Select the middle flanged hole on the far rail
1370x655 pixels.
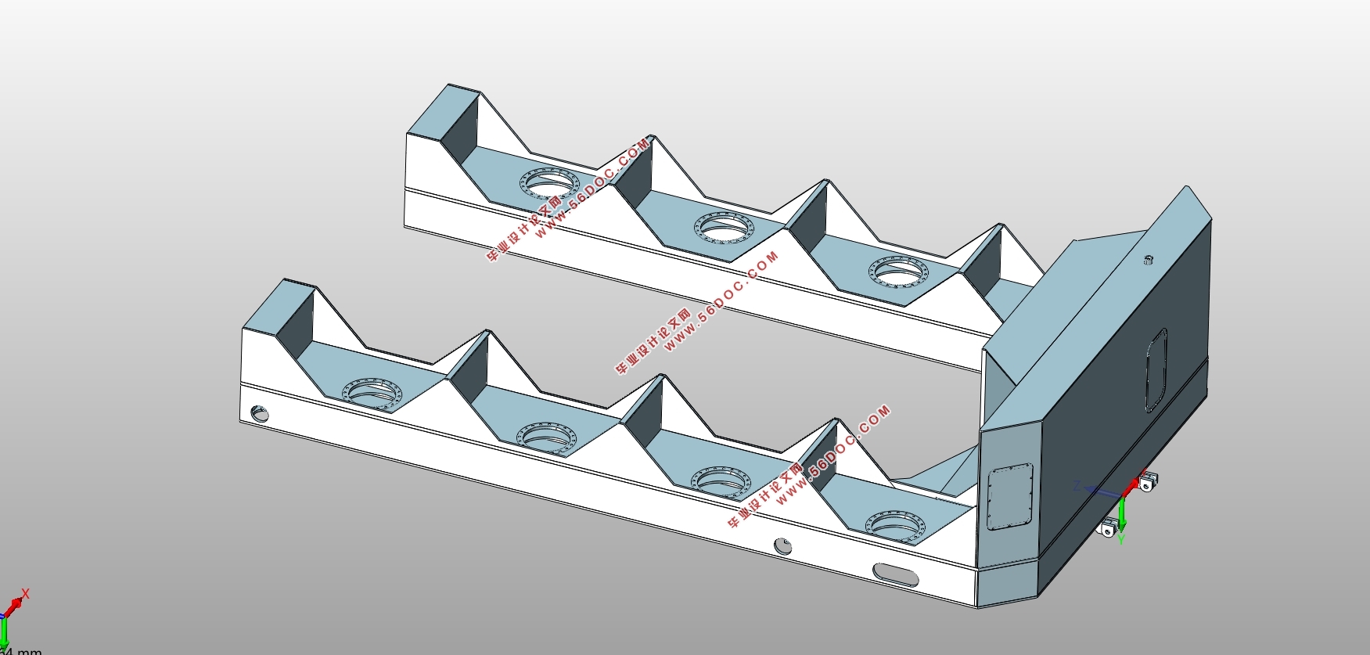tap(724, 228)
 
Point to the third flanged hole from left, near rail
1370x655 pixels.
tap(721, 480)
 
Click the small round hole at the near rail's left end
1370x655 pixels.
tap(259, 412)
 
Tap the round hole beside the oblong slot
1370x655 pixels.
tap(782, 546)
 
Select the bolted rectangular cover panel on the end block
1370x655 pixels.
tap(1010, 497)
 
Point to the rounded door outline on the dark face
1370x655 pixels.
tap(1156, 369)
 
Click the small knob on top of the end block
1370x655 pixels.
tap(1149, 260)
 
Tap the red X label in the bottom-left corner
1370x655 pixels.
tap(26, 595)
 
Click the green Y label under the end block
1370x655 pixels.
tap(1120, 539)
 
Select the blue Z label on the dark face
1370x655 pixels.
tap(1077, 487)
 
